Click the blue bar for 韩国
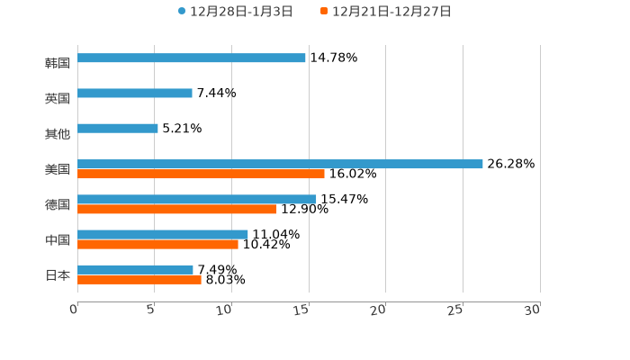click(192, 58)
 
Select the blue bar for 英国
click(135, 93)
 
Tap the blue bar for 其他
click(118, 129)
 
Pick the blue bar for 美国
click(280, 164)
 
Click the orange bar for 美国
click(201, 174)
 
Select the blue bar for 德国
click(197, 199)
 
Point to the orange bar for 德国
click(177, 209)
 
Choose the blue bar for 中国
click(163, 234)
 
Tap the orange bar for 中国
click(157, 244)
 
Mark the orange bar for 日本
click(139, 279)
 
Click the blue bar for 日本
click(135, 269)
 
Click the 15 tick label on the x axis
click(302, 310)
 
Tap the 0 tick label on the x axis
click(74, 310)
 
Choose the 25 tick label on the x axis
click(455, 310)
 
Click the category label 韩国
click(58, 63)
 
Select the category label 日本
click(58, 274)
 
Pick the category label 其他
click(58, 133)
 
